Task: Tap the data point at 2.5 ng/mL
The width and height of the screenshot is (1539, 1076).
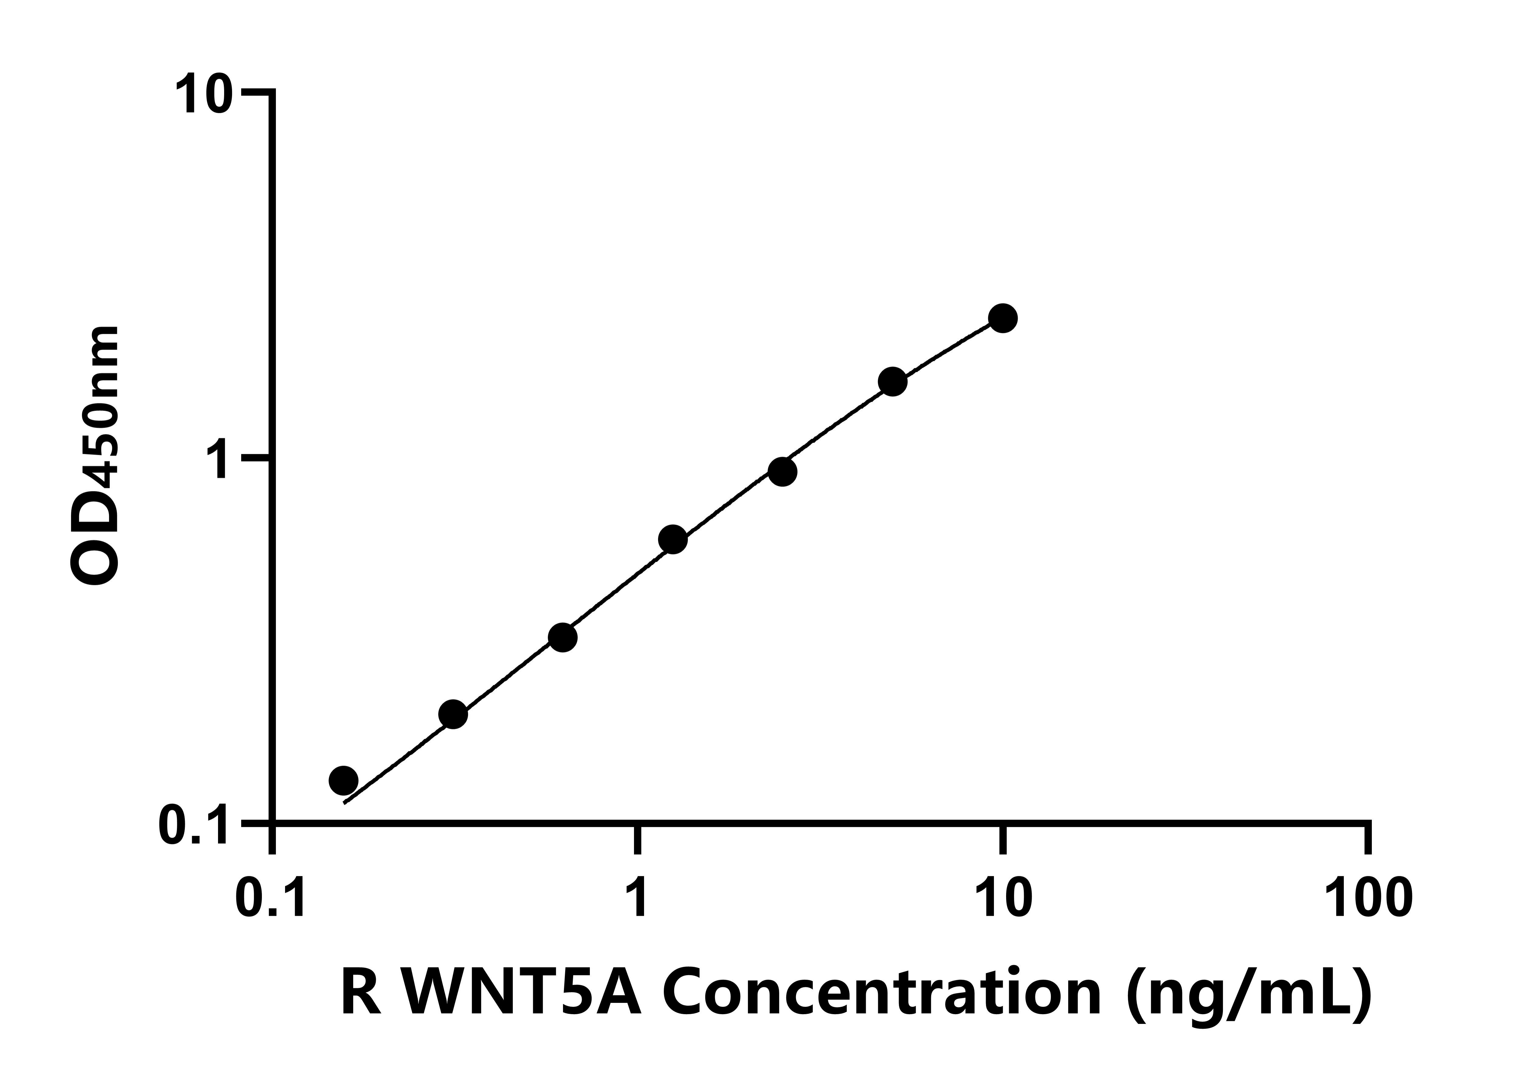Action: (x=782, y=472)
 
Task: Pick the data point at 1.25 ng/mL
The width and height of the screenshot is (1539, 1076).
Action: (x=673, y=540)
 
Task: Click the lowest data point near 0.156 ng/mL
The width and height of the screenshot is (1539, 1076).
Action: (x=344, y=780)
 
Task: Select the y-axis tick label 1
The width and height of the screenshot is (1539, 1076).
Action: (x=219, y=459)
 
